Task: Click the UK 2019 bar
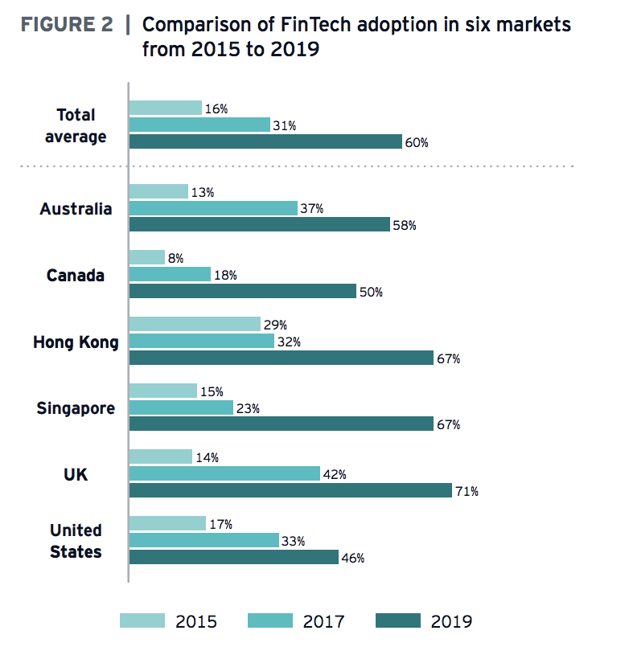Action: (x=290, y=490)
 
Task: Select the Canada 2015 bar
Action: (x=146, y=257)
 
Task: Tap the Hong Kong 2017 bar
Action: (x=202, y=342)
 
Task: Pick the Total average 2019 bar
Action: (x=265, y=141)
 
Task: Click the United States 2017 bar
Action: (x=203, y=540)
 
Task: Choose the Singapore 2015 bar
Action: (x=163, y=391)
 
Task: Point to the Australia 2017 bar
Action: (x=213, y=208)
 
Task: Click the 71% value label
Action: (x=466, y=491)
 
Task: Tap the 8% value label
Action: (x=176, y=258)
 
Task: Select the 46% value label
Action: (x=353, y=558)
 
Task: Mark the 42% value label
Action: (x=334, y=474)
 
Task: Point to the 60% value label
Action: (x=417, y=143)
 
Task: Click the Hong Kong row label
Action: (x=76, y=342)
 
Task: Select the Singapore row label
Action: (x=76, y=408)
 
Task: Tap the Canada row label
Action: (x=76, y=276)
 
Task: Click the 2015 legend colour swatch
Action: (x=142, y=620)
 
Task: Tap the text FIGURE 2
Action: (x=66, y=24)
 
